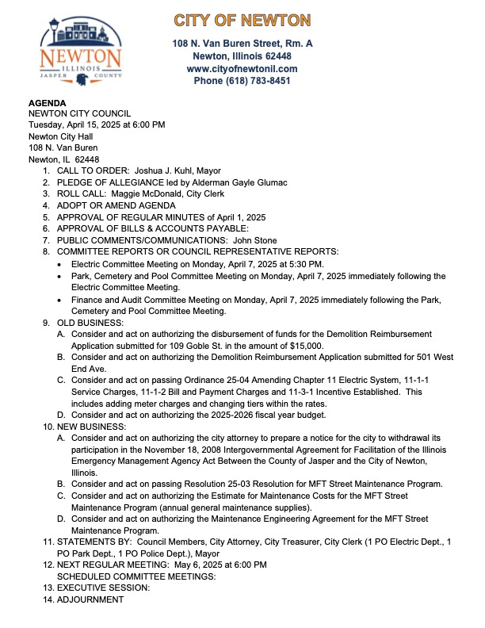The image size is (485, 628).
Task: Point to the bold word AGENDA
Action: click(x=48, y=103)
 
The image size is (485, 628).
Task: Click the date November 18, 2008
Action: click(x=166, y=449)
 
